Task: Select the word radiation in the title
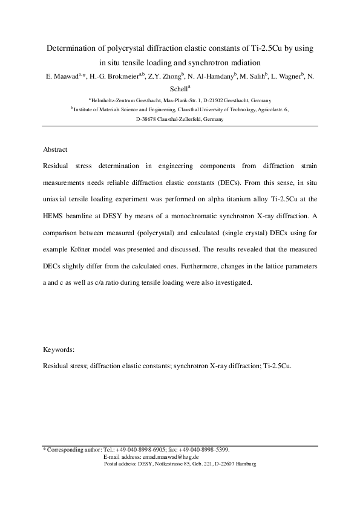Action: coord(241,62)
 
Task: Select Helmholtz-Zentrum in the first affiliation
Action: coord(113,100)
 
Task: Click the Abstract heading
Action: coord(55,149)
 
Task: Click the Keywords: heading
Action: coord(59,349)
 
